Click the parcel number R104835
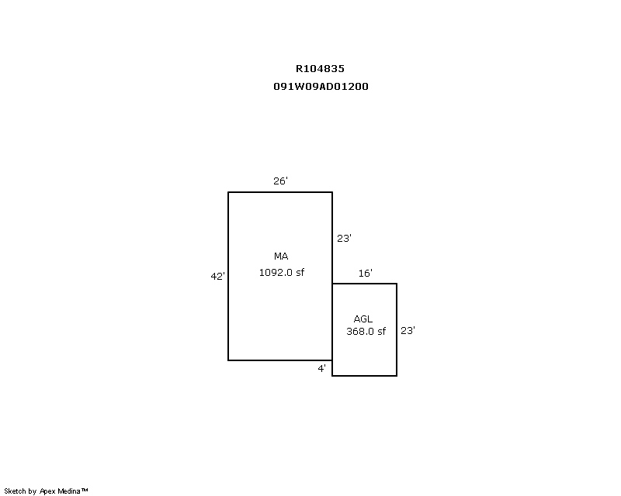[x=320, y=69]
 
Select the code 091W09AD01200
[x=321, y=87]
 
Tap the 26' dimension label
[x=280, y=181]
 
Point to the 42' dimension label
[x=217, y=276]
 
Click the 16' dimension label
[x=365, y=274]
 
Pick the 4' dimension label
[x=321, y=369]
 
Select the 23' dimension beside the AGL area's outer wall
[x=408, y=331]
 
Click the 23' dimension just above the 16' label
[x=344, y=239]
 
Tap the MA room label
[x=281, y=257]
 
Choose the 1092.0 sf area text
[x=282, y=273]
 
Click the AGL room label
[x=363, y=319]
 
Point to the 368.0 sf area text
[x=366, y=332]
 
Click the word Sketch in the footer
[x=15, y=491]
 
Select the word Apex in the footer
[x=47, y=491]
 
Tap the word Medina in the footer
[x=69, y=491]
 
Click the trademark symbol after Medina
[x=85, y=490]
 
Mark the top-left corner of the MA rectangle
[x=228, y=192]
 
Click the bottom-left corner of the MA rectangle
[x=228, y=360]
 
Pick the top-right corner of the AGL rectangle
[x=397, y=284]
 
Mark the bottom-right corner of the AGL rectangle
[x=397, y=375]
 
